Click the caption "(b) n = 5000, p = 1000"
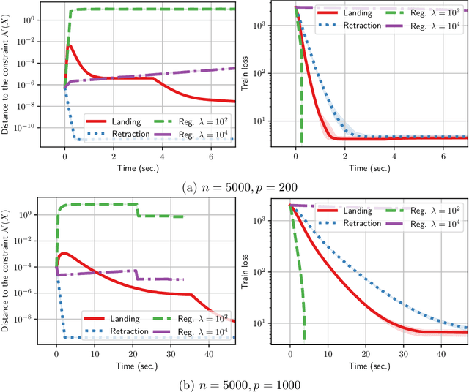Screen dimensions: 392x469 tap(234, 383)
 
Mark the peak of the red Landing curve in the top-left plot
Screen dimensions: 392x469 tap(69, 45)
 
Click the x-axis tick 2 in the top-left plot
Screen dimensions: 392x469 tap(114, 157)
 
